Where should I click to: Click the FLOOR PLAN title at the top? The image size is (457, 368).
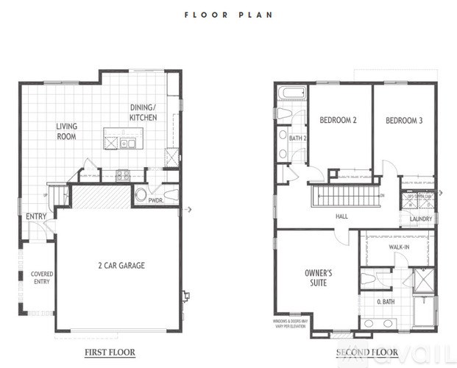(x=228, y=13)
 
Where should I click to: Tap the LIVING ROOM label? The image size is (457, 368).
(x=67, y=131)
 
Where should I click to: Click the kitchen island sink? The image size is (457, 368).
(x=128, y=144)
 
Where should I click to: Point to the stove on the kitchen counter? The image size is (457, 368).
(x=123, y=175)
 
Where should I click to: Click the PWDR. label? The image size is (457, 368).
(x=155, y=199)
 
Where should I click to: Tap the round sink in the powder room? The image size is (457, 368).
(x=141, y=195)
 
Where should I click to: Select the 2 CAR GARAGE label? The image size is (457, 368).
(x=117, y=266)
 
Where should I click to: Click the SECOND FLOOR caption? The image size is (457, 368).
(x=366, y=352)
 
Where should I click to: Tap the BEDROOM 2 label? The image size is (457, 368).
(x=338, y=121)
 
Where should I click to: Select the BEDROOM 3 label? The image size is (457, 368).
(x=404, y=121)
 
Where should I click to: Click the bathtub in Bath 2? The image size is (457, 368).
(x=291, y=93)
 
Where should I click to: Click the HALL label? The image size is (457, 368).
(x=341, y=217)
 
